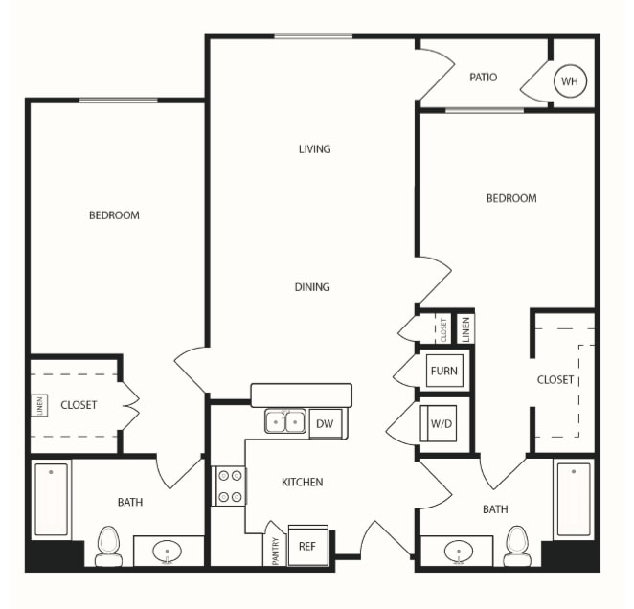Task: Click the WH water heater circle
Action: tap(570, 81)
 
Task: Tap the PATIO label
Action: tap(484, 77)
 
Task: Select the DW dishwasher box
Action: tap(325, 424)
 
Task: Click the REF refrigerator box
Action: tap(307, 546)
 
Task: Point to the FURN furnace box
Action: tap(444, 371)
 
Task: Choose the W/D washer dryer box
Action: tap(439, 423)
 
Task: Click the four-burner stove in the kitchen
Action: tap(229, 485)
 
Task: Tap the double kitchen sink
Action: tap(285, 421)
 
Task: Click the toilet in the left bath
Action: tap(109, 546)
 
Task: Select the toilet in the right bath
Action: tap(517, 546)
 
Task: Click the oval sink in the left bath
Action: tap(167, 552)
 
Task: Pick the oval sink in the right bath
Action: tap(459, 552)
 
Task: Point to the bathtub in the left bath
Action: tap(52, 500)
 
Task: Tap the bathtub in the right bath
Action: tap(574, 500)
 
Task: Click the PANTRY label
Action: tap(276, 551)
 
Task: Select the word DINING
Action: tap(312, 287)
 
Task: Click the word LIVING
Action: tap(314, 149)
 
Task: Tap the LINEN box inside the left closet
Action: tap(39, 405)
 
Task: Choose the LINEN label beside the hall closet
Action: tap(465, 329)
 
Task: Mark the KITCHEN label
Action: tap(302, 482)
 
